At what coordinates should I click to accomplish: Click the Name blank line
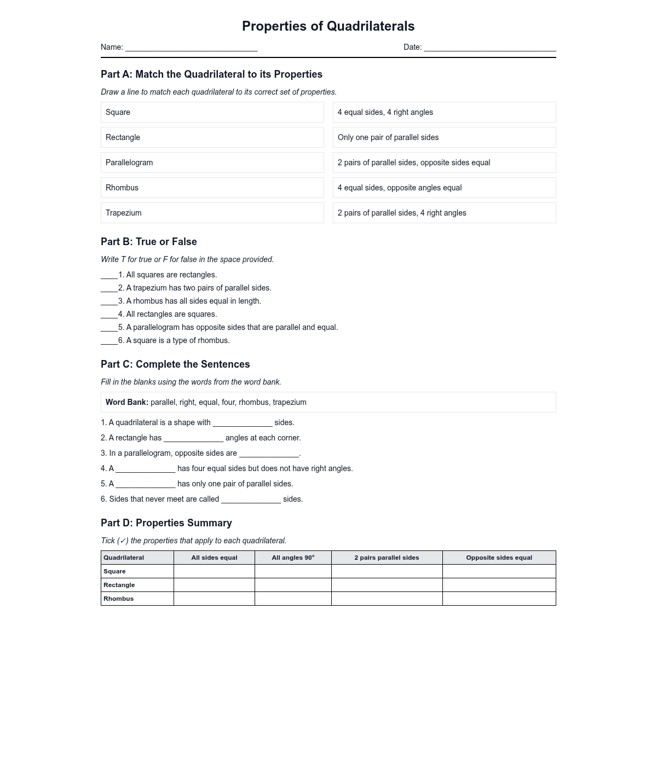coord(191,48)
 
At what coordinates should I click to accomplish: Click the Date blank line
coord(489,48)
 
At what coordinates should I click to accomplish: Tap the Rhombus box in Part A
coord(212,188)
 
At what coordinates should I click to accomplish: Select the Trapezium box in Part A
coord(212,213)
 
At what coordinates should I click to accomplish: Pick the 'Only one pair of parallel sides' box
coord(444,137)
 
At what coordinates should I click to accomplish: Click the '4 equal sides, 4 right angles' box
coord(444,112)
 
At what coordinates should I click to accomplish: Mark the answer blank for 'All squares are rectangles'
coord(109,276)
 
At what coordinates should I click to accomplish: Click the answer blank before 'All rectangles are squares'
coord(109,315)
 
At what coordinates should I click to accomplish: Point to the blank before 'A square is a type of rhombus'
coord(109,341)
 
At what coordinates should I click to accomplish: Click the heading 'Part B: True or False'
coord(149,242)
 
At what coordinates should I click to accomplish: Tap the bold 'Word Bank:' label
coord(127,402)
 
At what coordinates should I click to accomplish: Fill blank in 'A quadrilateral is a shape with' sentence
coord(243,423)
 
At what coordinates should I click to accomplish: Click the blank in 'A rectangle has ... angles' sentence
coord(193,439)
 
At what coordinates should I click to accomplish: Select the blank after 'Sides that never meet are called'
coord(251,500)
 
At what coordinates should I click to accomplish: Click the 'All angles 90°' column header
coord(293,558)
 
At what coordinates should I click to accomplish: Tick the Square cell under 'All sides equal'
coord(214,571)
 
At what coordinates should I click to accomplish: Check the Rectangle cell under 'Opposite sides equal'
coord(499,585)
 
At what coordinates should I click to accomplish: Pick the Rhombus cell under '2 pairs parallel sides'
coord(387,599)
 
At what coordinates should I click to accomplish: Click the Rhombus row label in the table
coord(119,599)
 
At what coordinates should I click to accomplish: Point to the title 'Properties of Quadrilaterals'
coord(328,26)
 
